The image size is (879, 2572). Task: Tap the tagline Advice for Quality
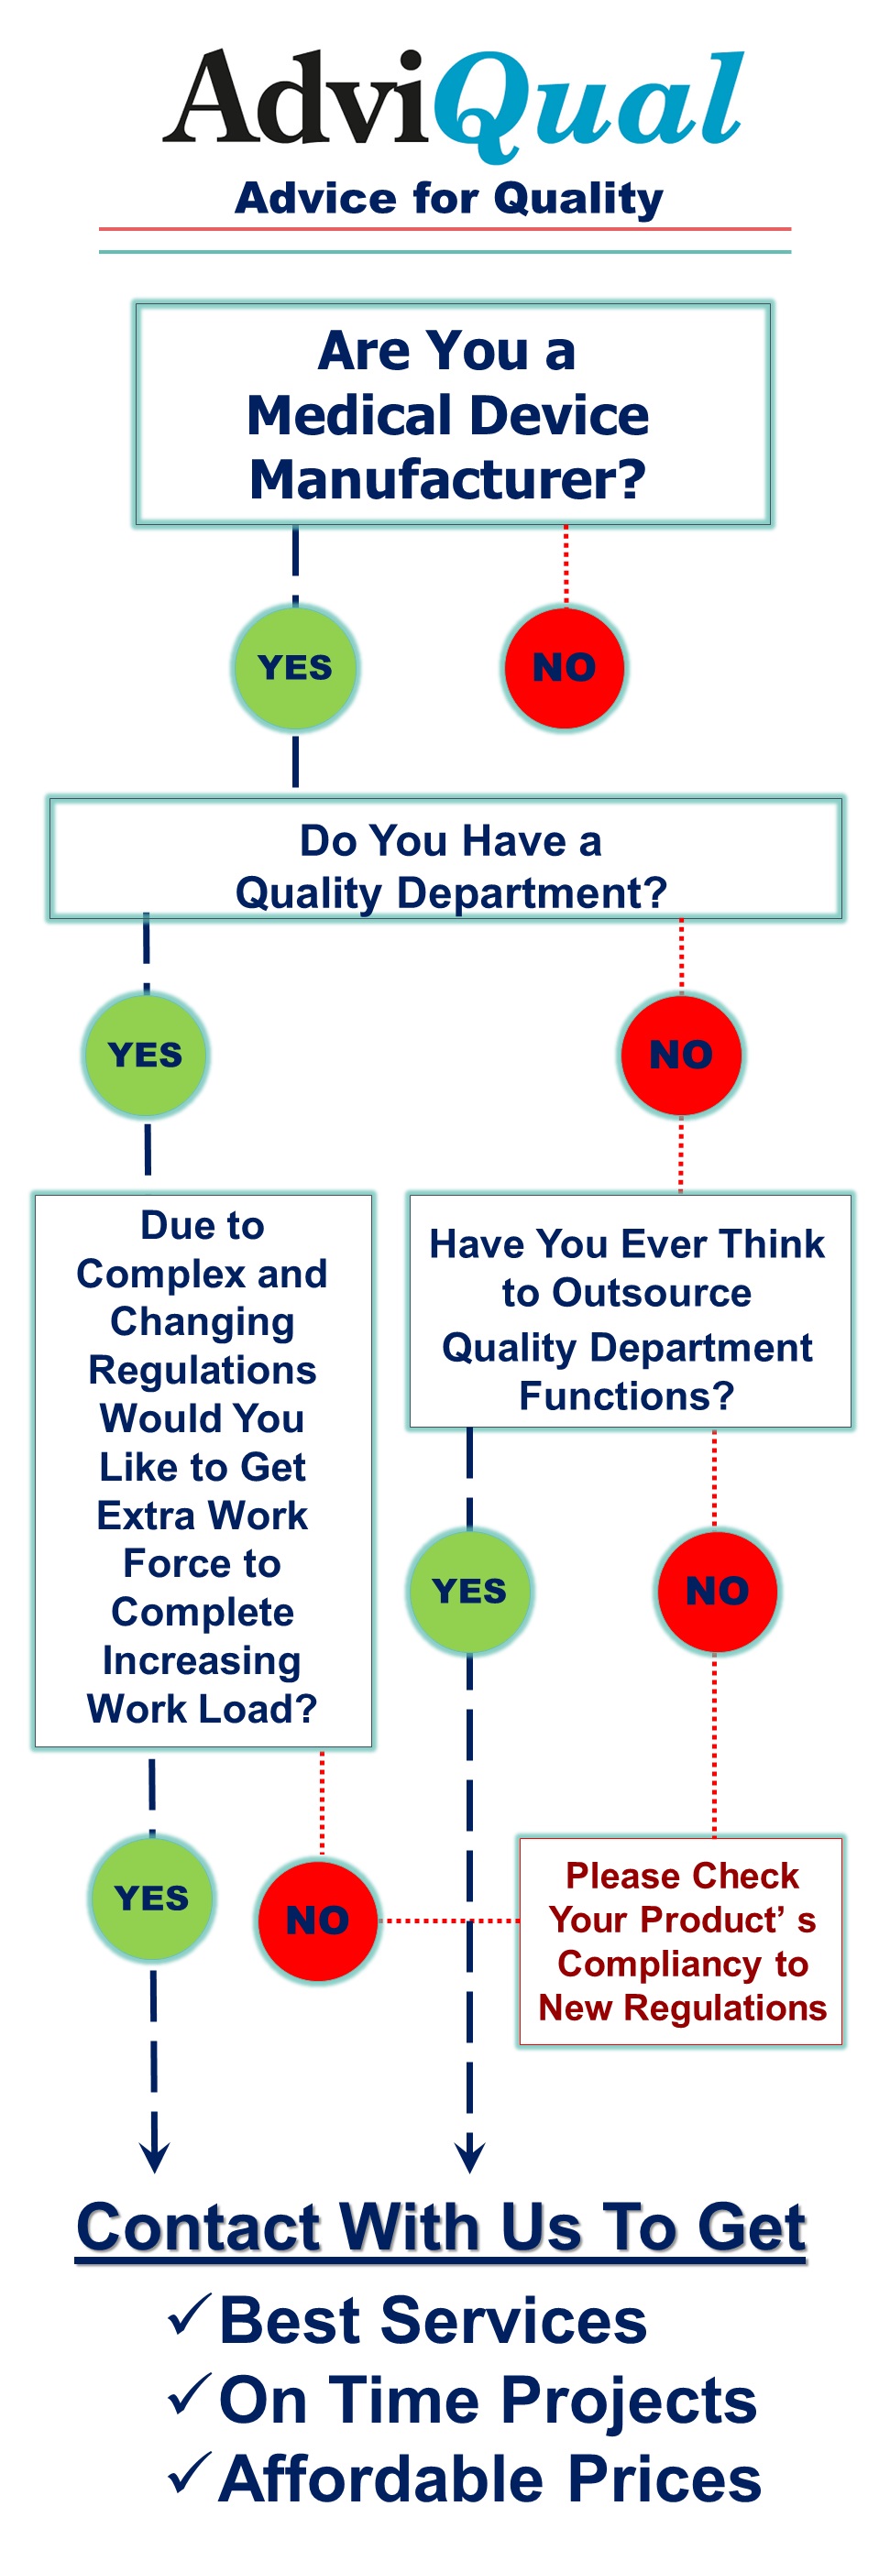(448, 199)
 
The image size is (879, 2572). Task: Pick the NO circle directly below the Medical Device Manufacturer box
(565, 667)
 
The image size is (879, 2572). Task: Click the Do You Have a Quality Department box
(445, 859)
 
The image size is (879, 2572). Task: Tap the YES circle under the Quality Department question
(146, 1055)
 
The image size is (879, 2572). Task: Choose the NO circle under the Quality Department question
(681, 1055)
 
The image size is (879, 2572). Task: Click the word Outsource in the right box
(652, 1293)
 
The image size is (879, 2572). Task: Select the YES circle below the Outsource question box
(469, 1591)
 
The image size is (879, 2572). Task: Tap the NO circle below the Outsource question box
(717, 1591)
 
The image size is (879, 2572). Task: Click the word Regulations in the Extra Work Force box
(202, 1371)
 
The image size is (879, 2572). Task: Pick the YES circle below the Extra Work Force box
(152, 1897)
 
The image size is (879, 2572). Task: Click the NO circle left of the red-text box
(318, 1920)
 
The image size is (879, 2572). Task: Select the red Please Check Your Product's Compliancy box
(681, 1941)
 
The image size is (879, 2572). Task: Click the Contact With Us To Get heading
(442, 2227)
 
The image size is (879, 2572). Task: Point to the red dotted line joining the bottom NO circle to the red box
(450, 1920)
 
